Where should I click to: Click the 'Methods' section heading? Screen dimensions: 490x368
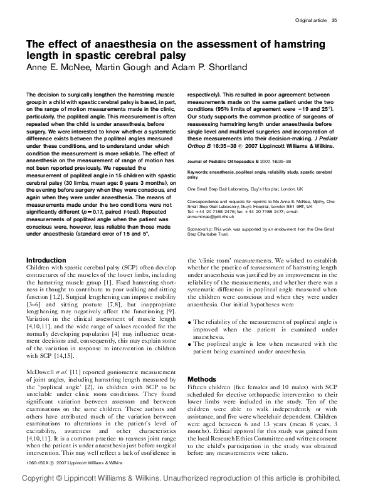point(202,379)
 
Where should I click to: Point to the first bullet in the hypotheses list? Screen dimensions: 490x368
point(191,323)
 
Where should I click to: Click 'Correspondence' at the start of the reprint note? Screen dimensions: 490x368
point(204,201)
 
